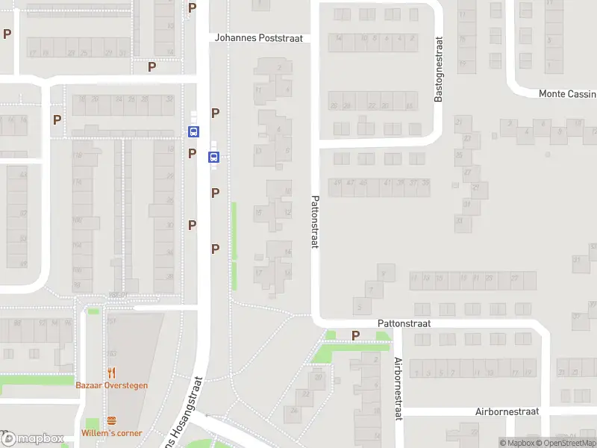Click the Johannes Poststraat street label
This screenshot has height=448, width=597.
pos(259,38)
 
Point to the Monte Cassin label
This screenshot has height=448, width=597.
pos(567,94)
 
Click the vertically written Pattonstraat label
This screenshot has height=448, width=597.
pos(315,223)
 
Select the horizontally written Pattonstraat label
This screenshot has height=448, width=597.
pos(404,324)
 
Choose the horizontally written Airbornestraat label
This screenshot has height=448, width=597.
pos(507,411)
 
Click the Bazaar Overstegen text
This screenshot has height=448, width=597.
pos(112,385)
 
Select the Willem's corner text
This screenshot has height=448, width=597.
pos(112,433)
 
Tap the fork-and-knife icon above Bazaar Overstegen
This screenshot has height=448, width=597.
pos(112,372)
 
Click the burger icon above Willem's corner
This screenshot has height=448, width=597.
pos(112,420)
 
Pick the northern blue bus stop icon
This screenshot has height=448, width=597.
pos(194,131)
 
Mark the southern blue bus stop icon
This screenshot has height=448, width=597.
pos(213,157)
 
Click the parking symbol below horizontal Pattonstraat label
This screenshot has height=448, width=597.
pos(355,336)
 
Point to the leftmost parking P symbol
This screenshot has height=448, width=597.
pos(7,34)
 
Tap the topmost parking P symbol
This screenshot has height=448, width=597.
pos(193,7)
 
